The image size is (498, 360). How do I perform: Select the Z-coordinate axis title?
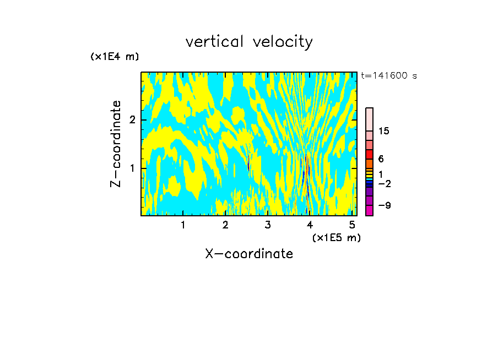[x=116, y=144]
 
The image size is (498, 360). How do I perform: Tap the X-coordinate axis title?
[x=249, y=254]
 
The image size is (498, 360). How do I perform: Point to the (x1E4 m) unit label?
[x=115, y=57]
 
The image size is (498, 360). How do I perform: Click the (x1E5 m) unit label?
[x=336, y=237]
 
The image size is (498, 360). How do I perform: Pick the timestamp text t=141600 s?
[x=388, y=75]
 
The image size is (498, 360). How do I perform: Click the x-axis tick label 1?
[x=183, y=225]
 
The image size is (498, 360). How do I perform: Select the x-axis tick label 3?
[x=268, y=225]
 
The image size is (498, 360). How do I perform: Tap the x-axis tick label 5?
[x=353, y=225]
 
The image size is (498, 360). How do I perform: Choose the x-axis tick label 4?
[x=310, y=225]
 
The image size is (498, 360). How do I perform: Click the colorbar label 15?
[x=384, y=131]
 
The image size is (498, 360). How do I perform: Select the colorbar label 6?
[x=381, y=159]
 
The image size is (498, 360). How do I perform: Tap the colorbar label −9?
[x=384, y=205]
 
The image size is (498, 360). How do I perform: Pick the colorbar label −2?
[x=384, y=183]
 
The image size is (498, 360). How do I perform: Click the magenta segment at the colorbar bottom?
[x=369, y=210]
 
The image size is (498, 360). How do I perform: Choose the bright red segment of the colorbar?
[x=369, y=154]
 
